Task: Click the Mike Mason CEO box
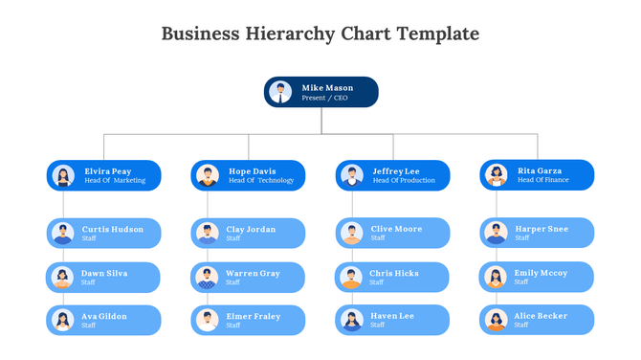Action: (321, 92)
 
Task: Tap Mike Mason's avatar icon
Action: (281, 92)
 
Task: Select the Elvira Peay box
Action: (104, 175)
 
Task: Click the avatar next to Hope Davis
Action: (208, 175)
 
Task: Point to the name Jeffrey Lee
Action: (396, 171)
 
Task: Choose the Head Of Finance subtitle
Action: (543, 180)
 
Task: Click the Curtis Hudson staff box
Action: (104, 233)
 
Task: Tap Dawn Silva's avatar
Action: (63, 278)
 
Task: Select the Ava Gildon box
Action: (104, 320)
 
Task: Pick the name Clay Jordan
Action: (251, 230)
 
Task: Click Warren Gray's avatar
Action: (208, 278)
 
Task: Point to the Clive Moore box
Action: (393, 233)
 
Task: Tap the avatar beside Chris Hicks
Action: (352, 278)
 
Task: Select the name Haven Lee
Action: (392, 316)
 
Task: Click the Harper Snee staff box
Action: (538, 233)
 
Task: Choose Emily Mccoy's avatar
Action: (496, 278)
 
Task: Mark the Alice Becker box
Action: (538, 320)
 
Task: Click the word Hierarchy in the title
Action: (285, 34)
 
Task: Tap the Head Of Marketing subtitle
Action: (115, 180)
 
